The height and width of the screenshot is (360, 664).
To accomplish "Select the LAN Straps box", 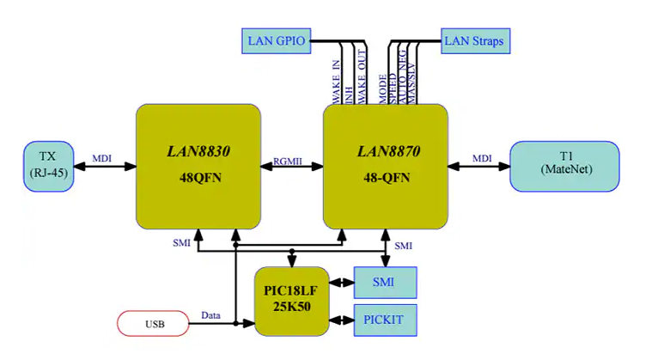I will click(x=472, y=40).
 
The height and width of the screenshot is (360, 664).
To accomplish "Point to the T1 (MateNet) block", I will click(x=563, y=166).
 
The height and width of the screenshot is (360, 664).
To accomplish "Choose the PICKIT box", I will click(x=385, y=320).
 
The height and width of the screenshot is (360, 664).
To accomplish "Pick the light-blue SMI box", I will click(x=385, y=282).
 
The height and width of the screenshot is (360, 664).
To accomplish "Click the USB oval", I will click(x=152, y=323).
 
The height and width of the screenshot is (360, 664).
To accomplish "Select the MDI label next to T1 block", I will click(x=482, y=156).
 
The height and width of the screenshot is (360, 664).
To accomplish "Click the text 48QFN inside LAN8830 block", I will click(x=198, y=180).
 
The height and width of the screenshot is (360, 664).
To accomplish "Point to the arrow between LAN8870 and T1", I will click(x=478, y=167).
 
